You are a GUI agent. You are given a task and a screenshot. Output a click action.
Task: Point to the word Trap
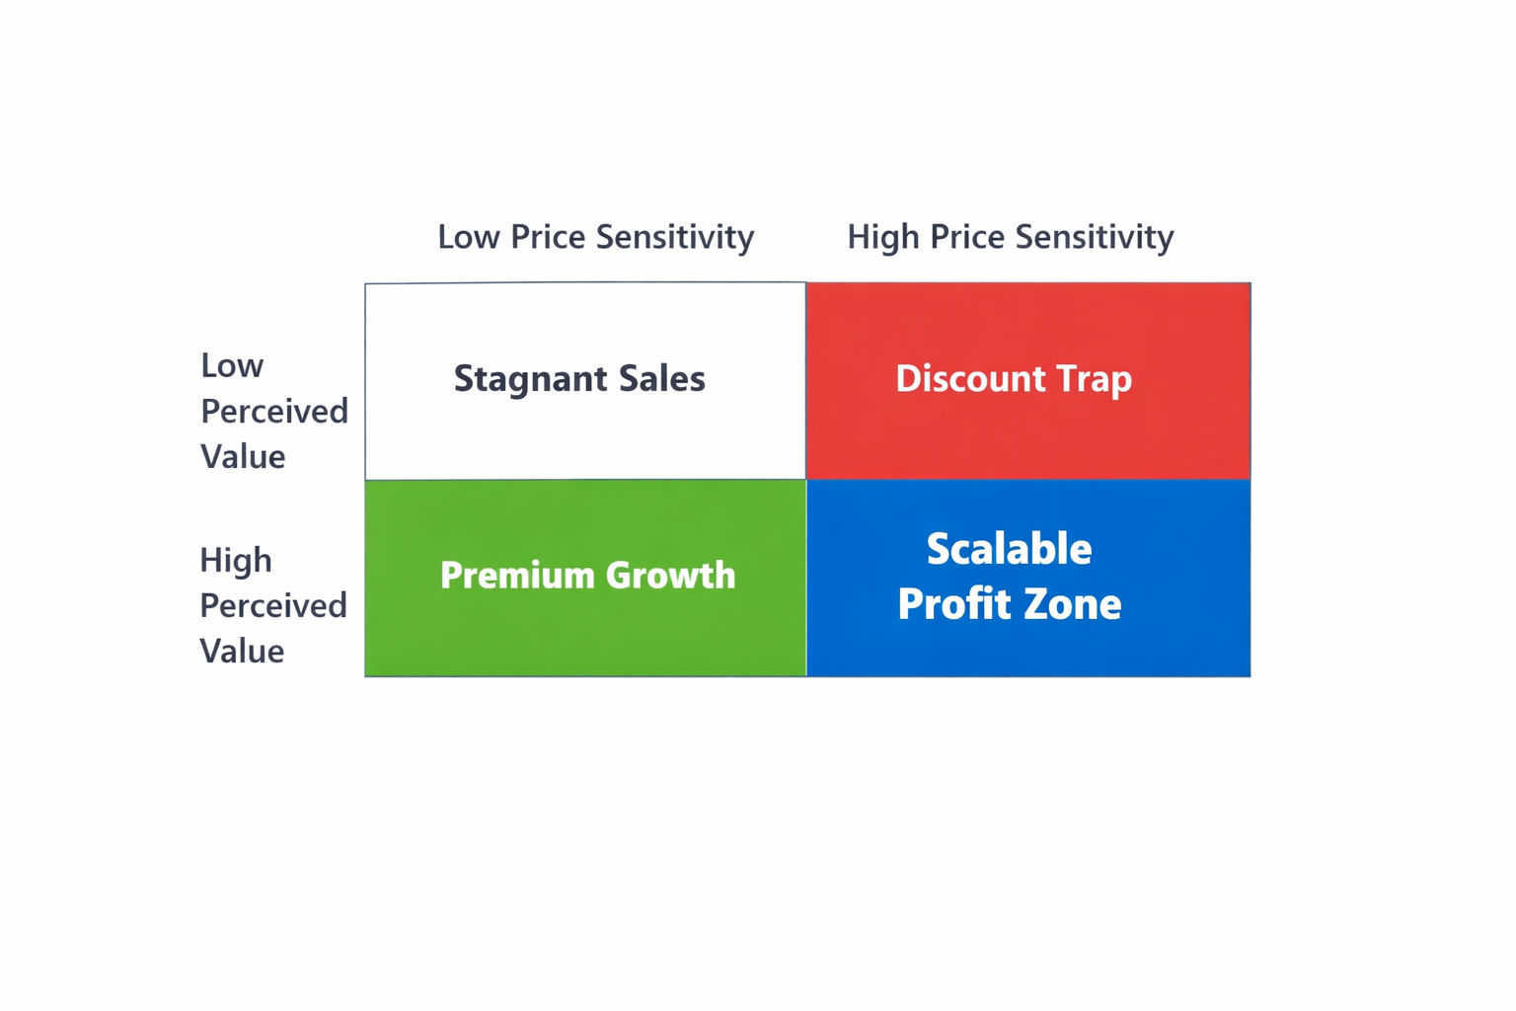tap(1094, 379)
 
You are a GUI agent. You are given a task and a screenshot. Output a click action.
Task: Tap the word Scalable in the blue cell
tap(1009, 550)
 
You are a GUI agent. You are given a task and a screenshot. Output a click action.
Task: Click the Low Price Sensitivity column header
tap(595, 237)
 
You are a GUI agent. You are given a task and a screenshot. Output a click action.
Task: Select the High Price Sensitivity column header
tap(1010, 237)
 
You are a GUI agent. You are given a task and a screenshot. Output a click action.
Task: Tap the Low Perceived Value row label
tap(273, 411)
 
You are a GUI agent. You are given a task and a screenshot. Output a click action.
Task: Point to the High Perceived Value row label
tap(272, 605)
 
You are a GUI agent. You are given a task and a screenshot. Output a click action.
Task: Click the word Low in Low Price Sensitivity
tap(469, 237)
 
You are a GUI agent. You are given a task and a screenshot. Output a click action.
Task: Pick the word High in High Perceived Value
tap(236, 561)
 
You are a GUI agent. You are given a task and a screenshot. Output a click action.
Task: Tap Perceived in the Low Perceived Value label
tap(274, 411)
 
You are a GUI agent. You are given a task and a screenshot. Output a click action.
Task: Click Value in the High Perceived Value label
tap(242, 652)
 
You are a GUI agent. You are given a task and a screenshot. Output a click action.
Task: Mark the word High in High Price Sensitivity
tap(883, 237)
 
